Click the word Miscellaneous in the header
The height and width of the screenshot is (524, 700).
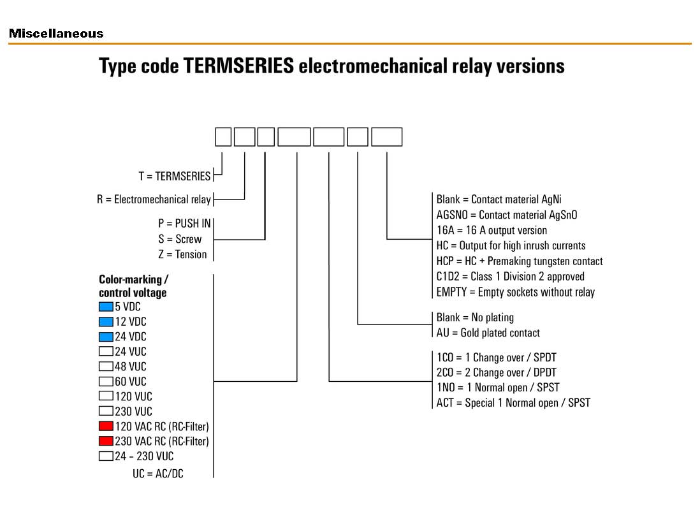click(56, 34)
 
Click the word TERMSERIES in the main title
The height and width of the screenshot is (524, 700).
click(238, 66)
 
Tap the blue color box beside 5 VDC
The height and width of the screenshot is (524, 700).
click(106, 307)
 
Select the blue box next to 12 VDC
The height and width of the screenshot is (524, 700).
click(106, 321)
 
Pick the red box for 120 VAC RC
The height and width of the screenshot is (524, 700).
click(106, 426)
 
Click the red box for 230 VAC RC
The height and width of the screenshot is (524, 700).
click(106, 441)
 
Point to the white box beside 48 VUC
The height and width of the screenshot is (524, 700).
click(106, 367)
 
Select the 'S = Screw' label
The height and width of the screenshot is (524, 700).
click(180, 239)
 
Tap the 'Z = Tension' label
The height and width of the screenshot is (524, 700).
click(182, 254)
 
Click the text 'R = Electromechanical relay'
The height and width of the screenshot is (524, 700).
click(154, 200)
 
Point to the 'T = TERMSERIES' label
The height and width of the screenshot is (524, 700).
click(174, 177)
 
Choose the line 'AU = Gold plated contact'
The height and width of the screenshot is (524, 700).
click(488, 333)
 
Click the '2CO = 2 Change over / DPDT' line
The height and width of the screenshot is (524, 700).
click(496, 372)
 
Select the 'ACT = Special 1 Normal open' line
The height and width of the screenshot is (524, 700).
click(513, 403)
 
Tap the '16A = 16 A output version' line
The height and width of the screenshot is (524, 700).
click(492, 230)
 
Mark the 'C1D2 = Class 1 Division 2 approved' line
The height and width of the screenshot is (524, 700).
click(510, 277)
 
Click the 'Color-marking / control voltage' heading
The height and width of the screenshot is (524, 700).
click(133, 286)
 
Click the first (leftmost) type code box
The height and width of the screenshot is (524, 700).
click(223, 137)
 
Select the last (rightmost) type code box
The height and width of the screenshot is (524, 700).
click(386, 137)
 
